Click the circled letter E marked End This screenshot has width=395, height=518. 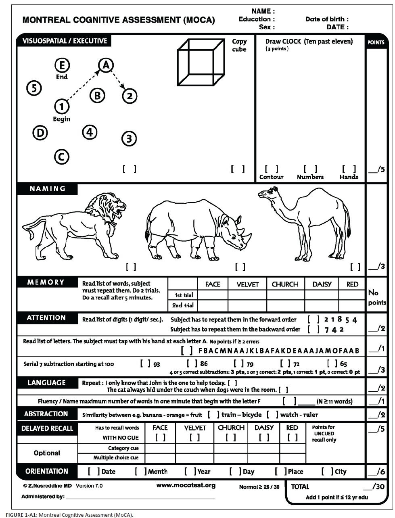pos(62,65)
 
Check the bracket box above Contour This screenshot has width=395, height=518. pos(271,169)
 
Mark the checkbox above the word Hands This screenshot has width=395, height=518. pos(349,169)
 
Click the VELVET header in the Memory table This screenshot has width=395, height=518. pos(247,284)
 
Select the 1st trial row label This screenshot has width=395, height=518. pos(184,295)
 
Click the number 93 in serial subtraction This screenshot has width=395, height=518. pos(156,364)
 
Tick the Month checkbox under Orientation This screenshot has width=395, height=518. pos(140,471)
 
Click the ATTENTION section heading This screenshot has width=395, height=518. pos(46,318)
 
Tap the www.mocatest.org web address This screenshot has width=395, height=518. pos(186,485)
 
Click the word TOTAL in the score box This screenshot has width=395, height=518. pos(300,487)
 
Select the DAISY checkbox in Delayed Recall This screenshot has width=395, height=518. pos(264,437)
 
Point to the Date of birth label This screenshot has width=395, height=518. pos(327,19)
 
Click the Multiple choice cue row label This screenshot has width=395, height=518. pos(116,457)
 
